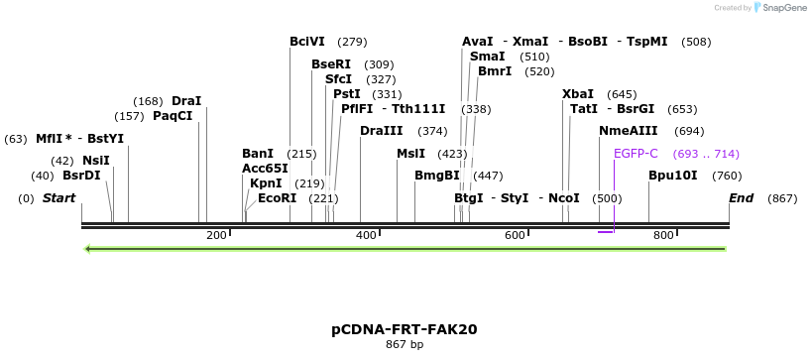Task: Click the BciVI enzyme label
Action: coord(306,42)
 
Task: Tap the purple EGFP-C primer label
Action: coord(636,154)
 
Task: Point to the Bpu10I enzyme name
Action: coord(672,177)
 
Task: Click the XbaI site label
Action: coord(578,94)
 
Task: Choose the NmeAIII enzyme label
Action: coord(628,131)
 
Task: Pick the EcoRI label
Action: coord(277,198)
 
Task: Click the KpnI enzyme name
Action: coord(266,183)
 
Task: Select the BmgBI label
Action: coord(437,177)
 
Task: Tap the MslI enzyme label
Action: coord(410,154)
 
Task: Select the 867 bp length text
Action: coord(405,345)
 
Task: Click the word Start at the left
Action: coord(59,198)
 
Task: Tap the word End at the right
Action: coord(742,198)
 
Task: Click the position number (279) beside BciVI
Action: coord(352,42)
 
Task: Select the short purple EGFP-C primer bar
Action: coord(606,232)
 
